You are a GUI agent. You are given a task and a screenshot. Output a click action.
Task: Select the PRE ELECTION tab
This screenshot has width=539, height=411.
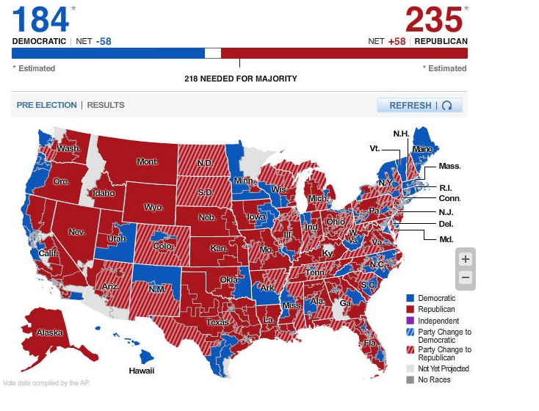(x=46, y=105)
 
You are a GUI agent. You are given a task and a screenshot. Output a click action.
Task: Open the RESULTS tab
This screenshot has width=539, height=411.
(x=106, y=105)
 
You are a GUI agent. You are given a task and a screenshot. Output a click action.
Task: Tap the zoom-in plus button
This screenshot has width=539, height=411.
(x=465, y=259)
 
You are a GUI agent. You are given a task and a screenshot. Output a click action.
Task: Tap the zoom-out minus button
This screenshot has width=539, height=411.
(x=465, y=278)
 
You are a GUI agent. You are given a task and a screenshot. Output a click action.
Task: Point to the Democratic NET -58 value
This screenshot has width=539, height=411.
(x=104, y=41)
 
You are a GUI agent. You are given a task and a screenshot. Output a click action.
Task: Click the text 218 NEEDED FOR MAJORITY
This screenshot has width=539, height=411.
(x=240, y=79)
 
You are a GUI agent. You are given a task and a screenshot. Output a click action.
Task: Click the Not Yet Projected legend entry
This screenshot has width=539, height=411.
(x=444, y=368)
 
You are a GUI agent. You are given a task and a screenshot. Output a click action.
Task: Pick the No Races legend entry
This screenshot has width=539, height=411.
(x=434, y=379)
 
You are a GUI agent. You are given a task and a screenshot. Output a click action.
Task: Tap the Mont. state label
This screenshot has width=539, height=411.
(x=148, y=161)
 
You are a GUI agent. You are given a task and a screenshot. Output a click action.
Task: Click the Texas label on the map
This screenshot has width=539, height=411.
(x=218, y=322)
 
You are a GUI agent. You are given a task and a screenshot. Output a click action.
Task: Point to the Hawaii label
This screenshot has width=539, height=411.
(x=142, y=371)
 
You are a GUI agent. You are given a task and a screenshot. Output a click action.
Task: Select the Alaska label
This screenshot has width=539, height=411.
(x=50, y=332)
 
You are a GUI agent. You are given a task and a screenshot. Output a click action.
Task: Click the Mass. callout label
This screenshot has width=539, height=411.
(x=449, y=166)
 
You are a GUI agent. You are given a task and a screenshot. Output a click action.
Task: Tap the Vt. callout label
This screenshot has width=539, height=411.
(x=375, y=148)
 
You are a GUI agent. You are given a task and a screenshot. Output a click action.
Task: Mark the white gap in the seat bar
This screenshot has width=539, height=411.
(x=212, y=53)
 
